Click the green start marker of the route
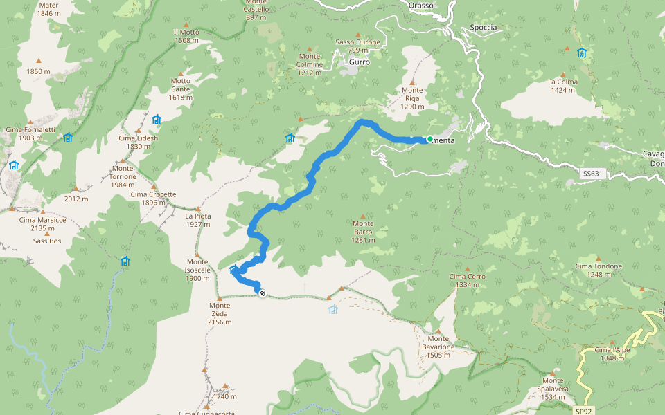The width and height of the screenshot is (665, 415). pos(430,140)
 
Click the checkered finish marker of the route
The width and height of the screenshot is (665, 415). pos(263,294)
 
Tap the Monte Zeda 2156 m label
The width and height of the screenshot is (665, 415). pos(220,313)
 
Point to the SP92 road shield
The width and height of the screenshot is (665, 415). pos(583,410)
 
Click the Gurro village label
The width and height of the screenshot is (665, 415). pos(360,62)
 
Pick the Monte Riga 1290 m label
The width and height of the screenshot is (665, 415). pos(412,98)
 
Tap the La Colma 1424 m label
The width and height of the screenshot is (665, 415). pos(563,86)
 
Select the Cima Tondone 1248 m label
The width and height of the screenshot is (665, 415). pos(598,270)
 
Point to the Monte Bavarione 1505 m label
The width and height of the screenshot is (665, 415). pos(438,347)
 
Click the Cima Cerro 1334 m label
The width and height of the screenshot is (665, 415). pos(468,280)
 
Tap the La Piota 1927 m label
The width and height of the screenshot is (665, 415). pos(197,220)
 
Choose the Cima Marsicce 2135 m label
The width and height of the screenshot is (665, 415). pos(42,224)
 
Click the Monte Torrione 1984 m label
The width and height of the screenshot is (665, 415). pos(123,172)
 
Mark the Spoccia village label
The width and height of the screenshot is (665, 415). pos(483,27)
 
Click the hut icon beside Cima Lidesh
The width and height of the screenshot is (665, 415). pos(157,120)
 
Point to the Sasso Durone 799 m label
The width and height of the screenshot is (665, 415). pos(357,46)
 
